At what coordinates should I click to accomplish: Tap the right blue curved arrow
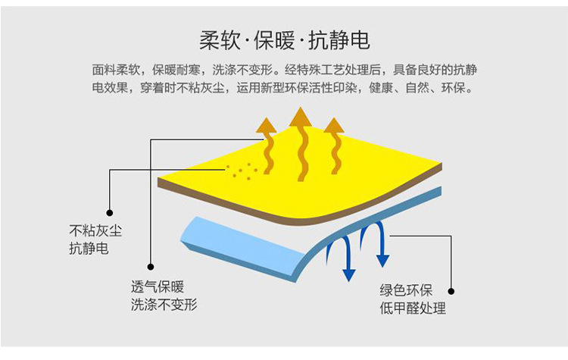tap(378, 243)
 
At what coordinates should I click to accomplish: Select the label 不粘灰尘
tap(89, 230)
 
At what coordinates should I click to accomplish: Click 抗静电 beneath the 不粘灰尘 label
tap(83, 248)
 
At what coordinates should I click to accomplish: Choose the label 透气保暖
tap(157, 288)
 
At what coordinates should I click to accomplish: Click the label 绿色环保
tap(406, 290)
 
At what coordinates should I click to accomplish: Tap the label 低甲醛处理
tap(413, 308)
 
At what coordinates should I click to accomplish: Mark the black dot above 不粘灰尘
tap(111, 213)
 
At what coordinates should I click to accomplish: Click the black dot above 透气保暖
tap(151, 267)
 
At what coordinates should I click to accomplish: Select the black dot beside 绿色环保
tap(451, 290)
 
